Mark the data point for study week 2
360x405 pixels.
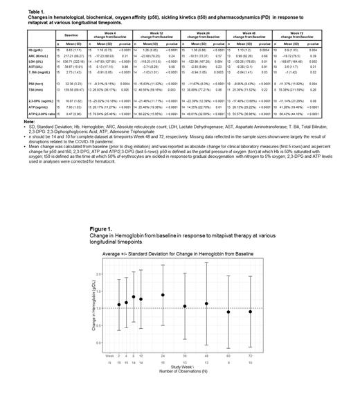point(118,304)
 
